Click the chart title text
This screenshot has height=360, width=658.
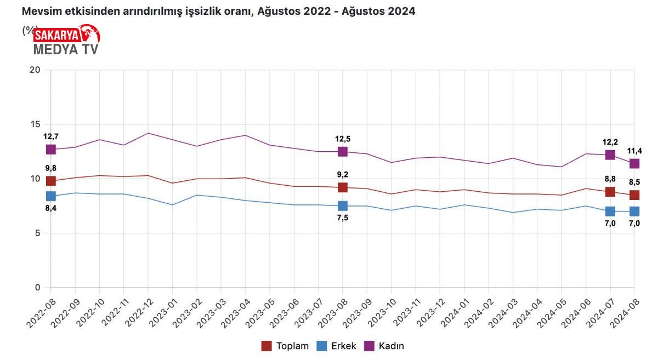click(x=218, y=11)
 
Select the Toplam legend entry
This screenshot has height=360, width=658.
click(x=285, y=346)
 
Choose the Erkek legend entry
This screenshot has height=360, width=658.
click(x=336, y=346)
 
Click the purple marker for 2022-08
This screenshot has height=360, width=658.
click(x=51, y=150)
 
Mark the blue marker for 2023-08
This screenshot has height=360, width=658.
click(x=343, y=206)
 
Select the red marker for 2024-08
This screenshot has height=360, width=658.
click(x=634, y=195)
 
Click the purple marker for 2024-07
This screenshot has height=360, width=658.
click(x=610, y=155)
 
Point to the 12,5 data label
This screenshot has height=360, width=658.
click(x=343, y=139)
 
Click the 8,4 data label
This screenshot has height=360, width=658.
click(x=51, y=208)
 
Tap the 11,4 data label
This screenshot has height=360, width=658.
click(x=634, y=151)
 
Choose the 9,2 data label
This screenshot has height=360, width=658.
click(x=343, y=175)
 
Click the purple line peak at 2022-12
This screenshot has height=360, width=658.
click(x=148, y=133)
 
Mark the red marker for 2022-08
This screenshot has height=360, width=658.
click(x=51, y=181)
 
